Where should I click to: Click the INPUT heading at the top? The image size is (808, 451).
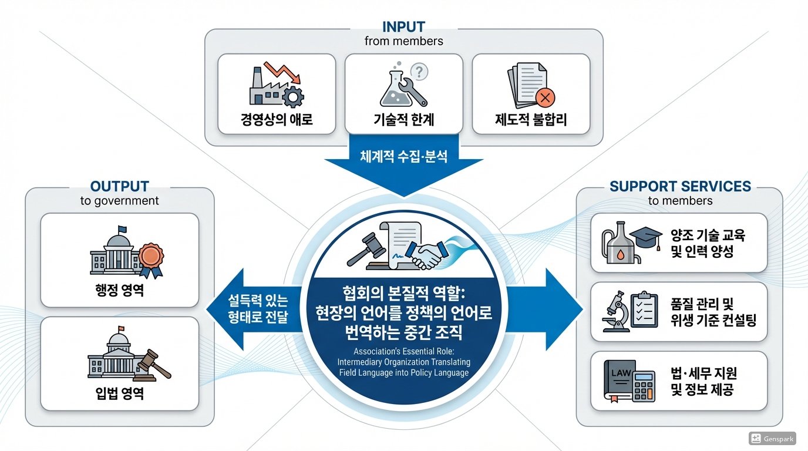pos(403,27)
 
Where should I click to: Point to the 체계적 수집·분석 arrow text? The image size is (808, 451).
pos(403,157)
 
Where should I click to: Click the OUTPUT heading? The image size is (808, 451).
pos(119,187)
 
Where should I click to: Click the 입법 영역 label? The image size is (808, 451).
pos(119,393)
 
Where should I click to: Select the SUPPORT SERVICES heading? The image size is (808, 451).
pos(680,187)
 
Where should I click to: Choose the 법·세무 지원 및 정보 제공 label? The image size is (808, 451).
pos(703,381)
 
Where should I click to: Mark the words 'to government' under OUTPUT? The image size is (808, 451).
pos(119,201)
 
